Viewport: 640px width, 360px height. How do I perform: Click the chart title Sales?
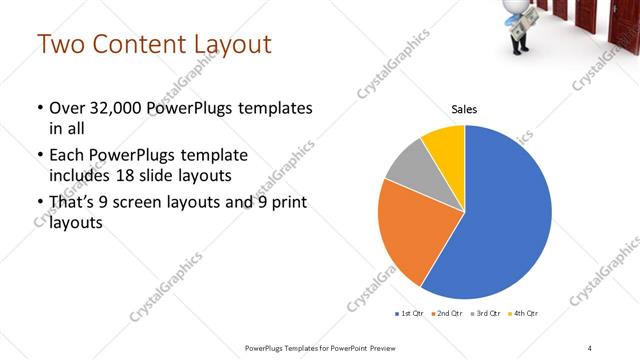(x=464, y=110)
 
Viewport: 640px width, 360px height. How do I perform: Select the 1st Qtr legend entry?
(x=409, y=314)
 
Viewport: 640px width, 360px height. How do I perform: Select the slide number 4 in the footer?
(x=589, y=348)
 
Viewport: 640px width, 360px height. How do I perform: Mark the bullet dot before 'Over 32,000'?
(x=38, y=108)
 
